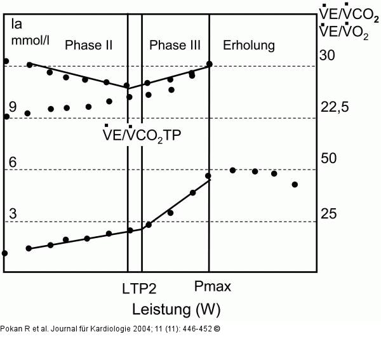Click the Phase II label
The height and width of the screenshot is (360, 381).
[x=89, y=45]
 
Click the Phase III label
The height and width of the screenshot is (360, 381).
[x=175, y=45]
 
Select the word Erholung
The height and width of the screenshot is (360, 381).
[x=249, y=46]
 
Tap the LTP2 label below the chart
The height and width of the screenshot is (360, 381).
[x=139, y=289]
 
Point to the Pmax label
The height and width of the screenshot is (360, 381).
[x=213, y=286]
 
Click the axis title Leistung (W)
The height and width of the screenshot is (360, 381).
[x=177, y=310]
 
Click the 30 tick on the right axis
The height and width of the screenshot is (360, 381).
[x=327, y=55]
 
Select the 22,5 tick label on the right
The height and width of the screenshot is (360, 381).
[x=335, y=107]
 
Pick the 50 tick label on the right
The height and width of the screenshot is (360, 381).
[x=328, y=158]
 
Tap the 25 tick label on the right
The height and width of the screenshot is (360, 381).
[x=328, y=214]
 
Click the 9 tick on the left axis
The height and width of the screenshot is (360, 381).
[x=13, y=107]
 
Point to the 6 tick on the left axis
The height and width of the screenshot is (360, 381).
[x=13, y=162]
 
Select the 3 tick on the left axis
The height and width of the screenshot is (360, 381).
[x=13, y=213]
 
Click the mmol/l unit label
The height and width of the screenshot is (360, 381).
[x=30, y=40]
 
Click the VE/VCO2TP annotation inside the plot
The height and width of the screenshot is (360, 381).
[x=142, y=134]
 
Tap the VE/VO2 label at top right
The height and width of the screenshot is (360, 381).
[x=344, y=31]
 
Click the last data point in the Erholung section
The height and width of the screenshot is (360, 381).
[x=295, y=185]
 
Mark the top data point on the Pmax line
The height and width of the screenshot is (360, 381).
[x=209, y=64]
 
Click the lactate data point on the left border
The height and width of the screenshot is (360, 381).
[x=4, y=253]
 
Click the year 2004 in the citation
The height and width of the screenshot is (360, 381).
[x=141, y=329]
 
